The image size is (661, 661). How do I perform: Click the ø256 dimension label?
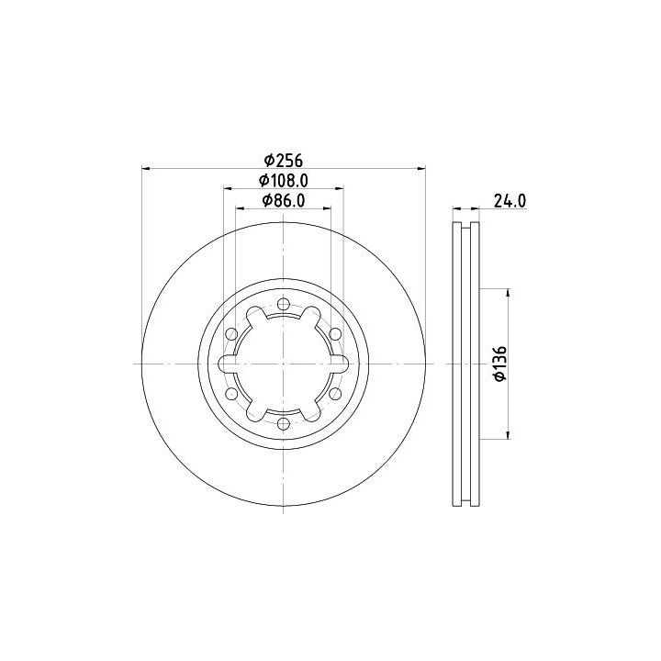284,160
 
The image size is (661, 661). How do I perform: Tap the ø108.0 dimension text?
284,181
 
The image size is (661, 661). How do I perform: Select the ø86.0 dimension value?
284,201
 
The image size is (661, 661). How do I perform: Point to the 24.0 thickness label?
510,201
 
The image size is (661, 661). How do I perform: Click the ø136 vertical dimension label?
500,364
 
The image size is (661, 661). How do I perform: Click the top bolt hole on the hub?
284,304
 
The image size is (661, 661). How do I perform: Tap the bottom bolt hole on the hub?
284,423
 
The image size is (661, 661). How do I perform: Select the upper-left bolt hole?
231,334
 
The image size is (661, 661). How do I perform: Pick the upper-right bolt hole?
335,334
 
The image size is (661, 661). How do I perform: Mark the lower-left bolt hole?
231,394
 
